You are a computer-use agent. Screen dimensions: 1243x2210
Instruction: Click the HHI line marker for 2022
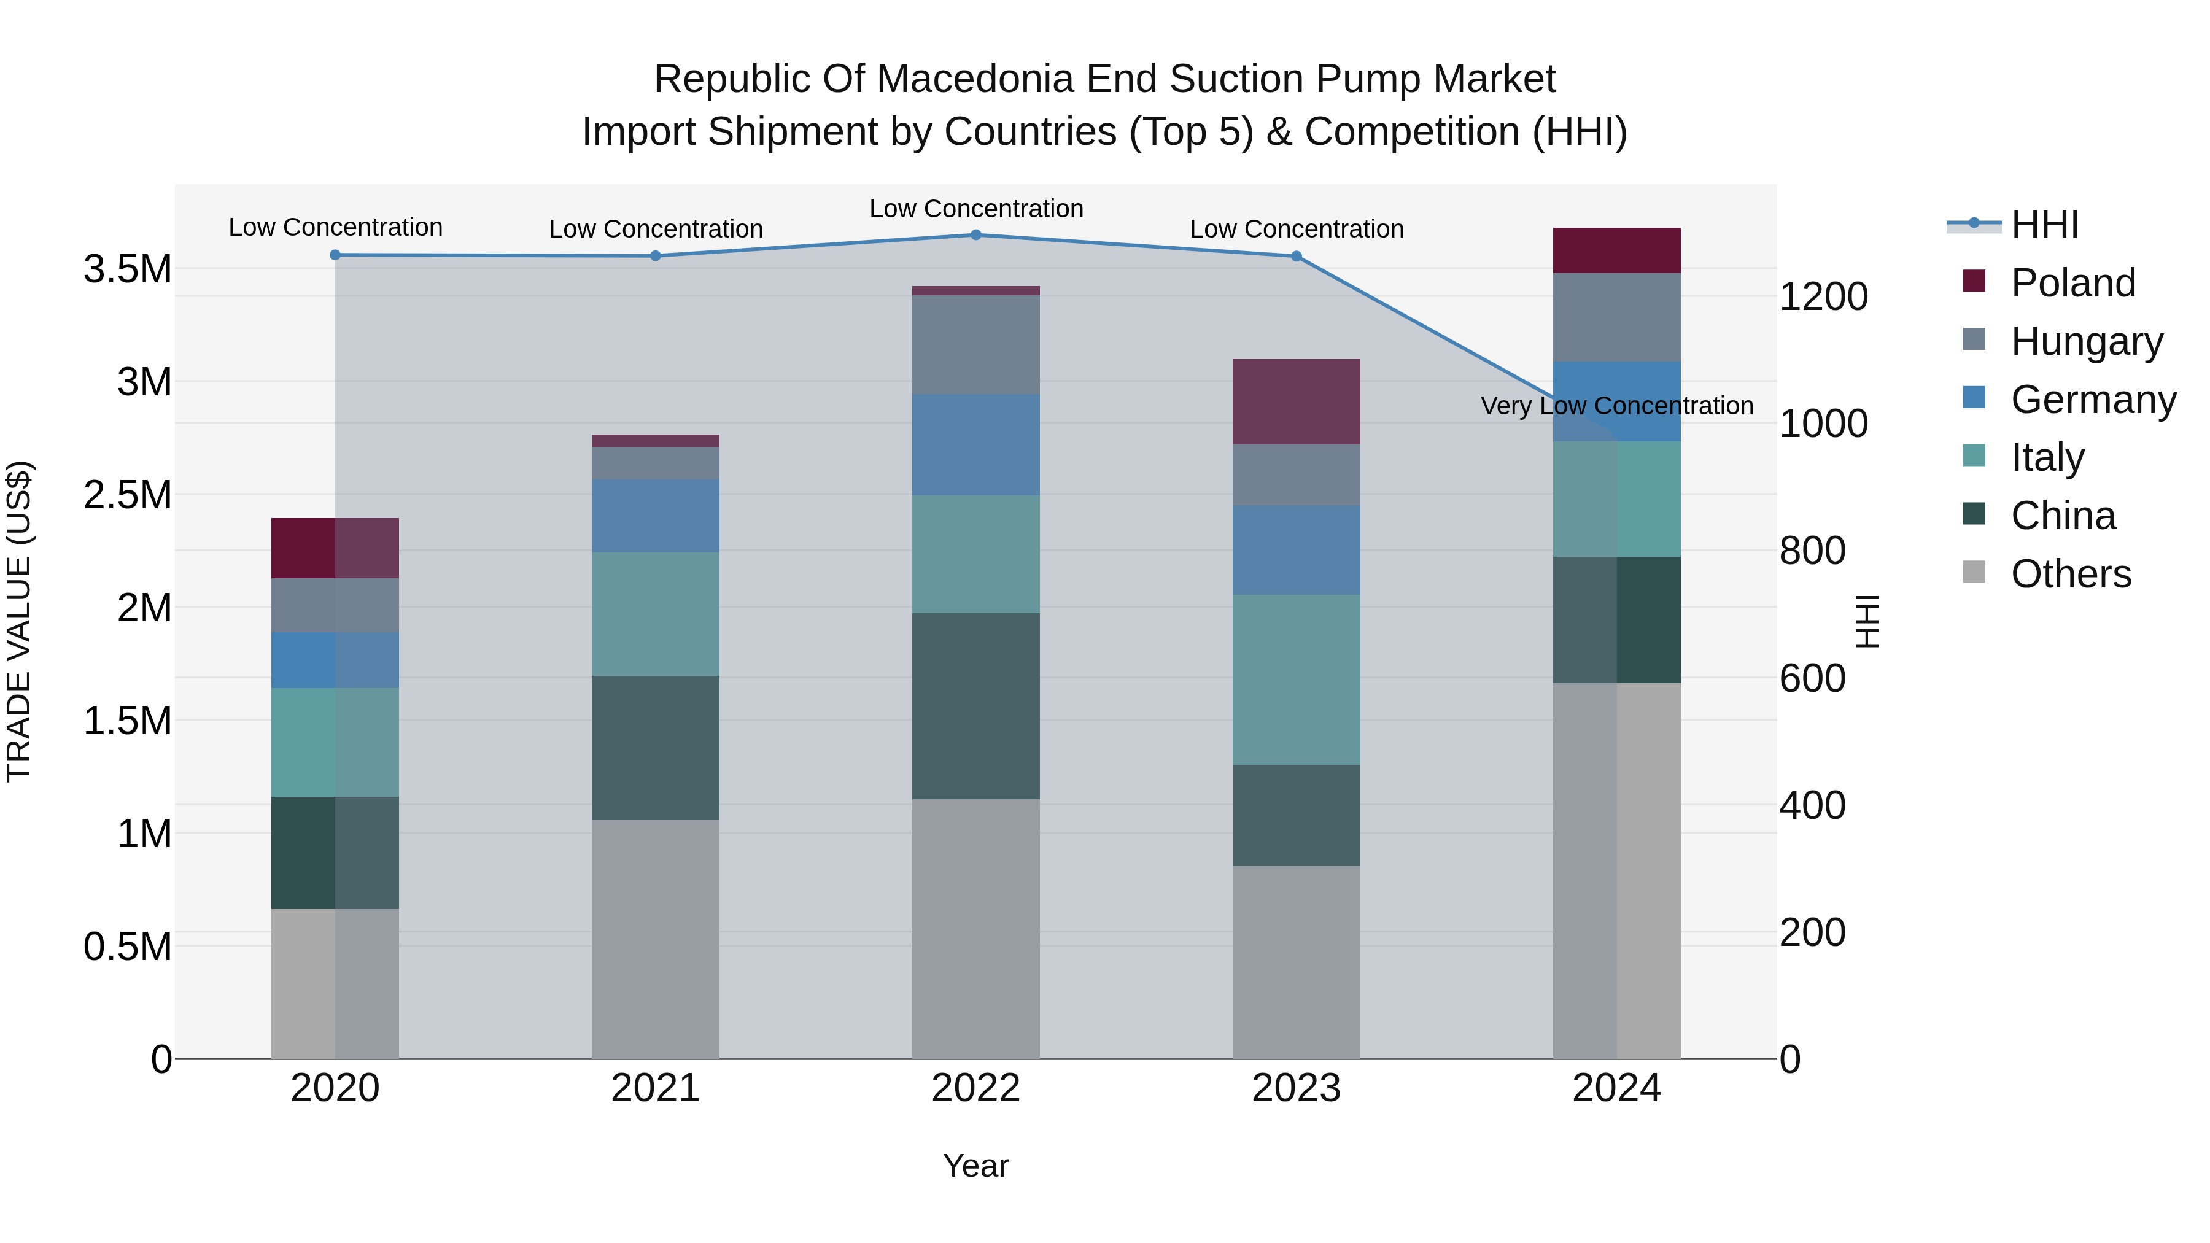[975, 235]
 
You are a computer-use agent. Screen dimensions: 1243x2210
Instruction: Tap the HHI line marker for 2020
[335, 255]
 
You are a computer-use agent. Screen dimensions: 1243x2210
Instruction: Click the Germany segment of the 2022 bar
[975, 444]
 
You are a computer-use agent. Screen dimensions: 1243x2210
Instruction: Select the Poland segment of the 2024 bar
[1616, 250]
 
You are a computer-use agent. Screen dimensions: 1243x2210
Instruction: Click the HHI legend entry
[2044, 225]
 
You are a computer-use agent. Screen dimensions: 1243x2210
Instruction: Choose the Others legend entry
[2070, 574]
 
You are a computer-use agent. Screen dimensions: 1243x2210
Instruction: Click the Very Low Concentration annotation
[1616, 406]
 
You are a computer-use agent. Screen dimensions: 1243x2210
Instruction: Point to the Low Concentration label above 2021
[656, 229]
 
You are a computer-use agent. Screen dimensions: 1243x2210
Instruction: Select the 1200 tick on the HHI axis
[1823, 297]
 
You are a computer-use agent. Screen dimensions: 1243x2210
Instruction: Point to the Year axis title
[975, 1166]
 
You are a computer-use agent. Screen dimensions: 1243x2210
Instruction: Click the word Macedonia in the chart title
[977, 79]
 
